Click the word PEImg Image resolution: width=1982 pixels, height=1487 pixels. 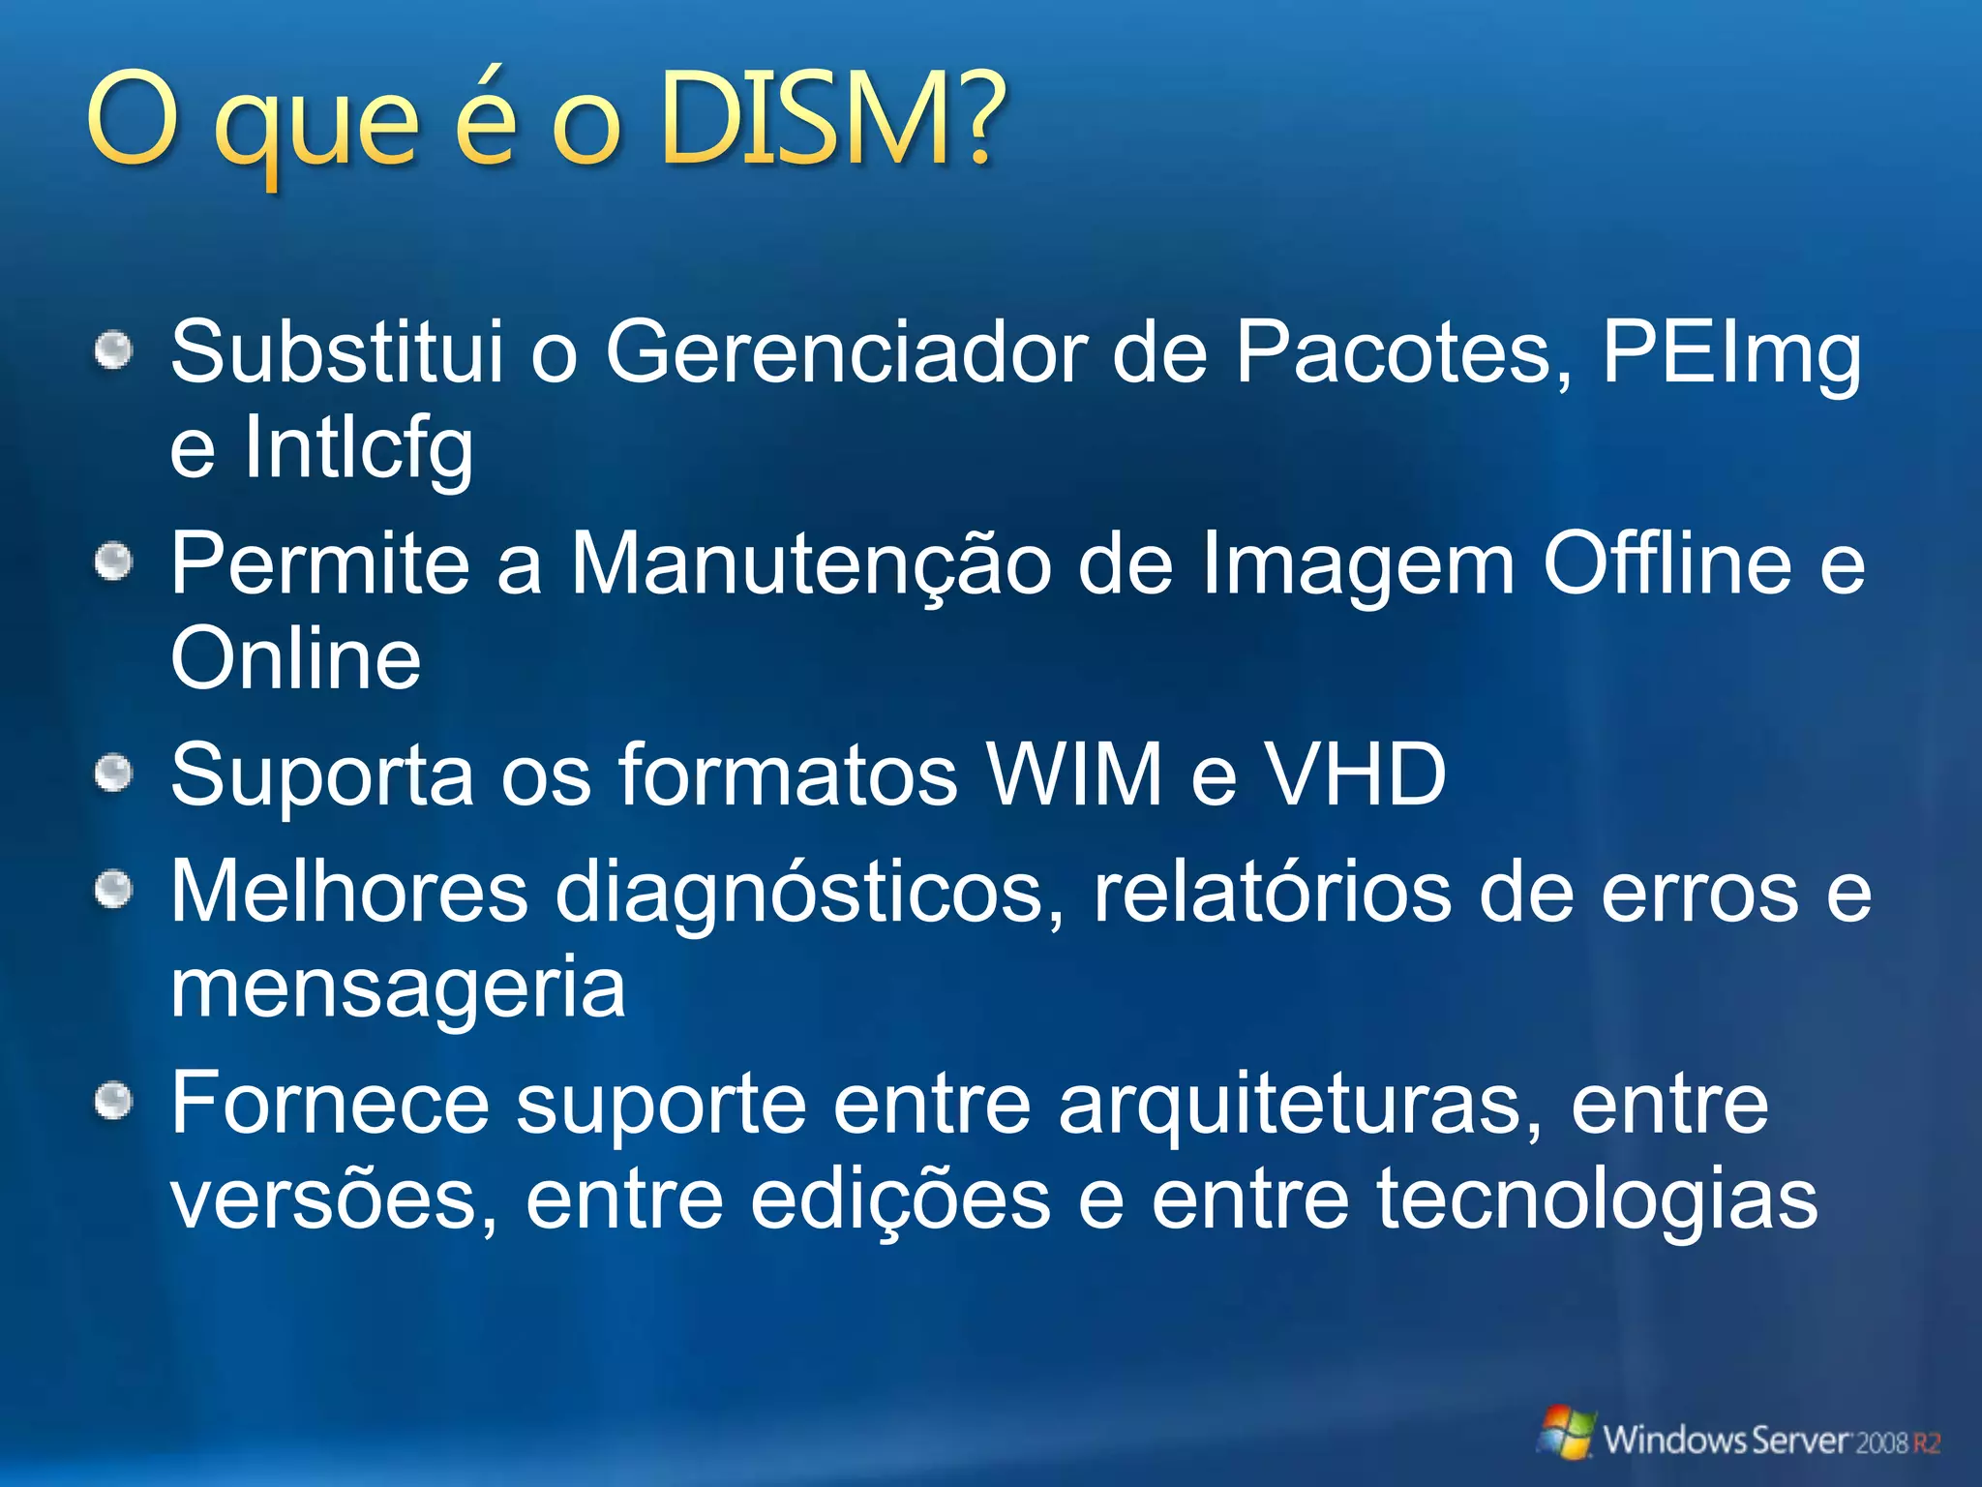(x=1731, y=353)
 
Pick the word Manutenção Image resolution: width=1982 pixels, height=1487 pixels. (x=810, y=565)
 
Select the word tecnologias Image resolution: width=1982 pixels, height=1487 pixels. (x=1597, y=1200)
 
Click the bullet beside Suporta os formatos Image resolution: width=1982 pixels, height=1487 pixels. (x=114, y=774)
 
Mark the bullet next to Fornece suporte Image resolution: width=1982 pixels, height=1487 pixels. (x=114, y=1101)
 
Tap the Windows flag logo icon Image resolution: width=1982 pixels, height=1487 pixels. (x=1565, y=1434)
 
